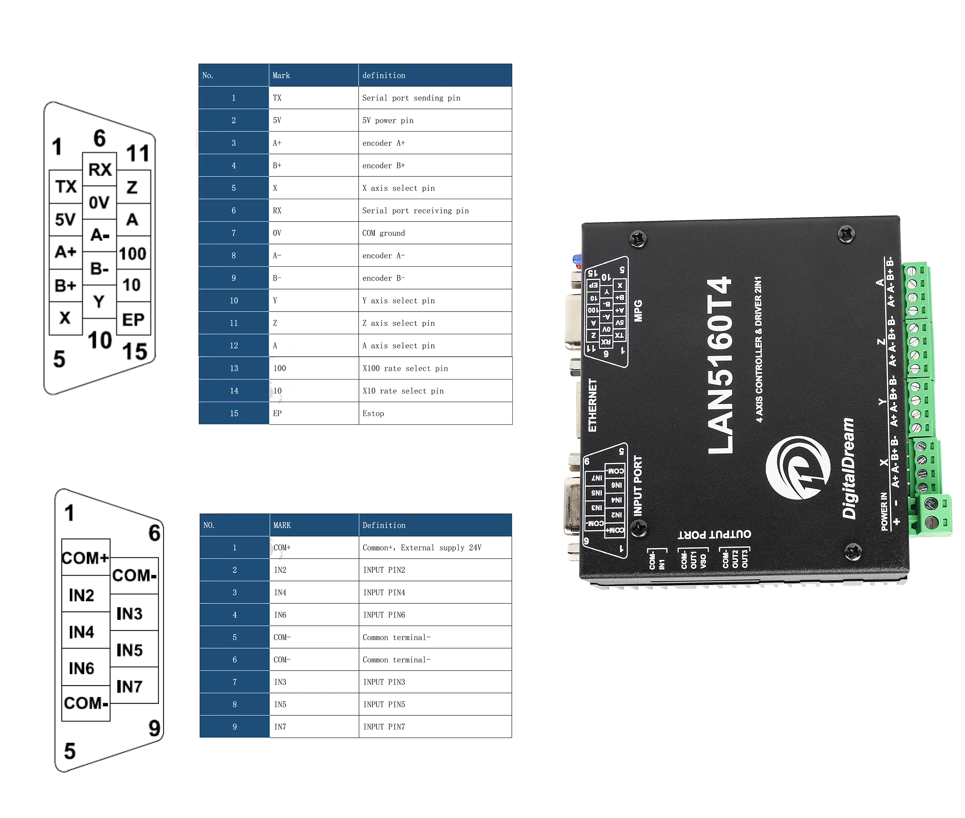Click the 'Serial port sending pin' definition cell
435,98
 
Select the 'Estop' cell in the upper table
435,413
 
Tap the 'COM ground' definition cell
435,233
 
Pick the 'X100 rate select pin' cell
435,368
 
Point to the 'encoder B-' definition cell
435,278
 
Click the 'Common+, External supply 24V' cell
435,548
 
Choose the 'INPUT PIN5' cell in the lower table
435,705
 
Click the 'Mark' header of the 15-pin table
313,75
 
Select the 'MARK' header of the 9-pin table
314,525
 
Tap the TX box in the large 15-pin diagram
66,186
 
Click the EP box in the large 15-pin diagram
134,319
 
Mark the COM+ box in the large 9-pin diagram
86,557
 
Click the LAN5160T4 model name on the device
721,366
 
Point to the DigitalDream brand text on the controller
848,468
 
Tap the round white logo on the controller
797,468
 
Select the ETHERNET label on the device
592,405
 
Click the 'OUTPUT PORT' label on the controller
714,534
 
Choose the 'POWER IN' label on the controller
884,511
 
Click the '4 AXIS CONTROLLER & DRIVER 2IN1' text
758,349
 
